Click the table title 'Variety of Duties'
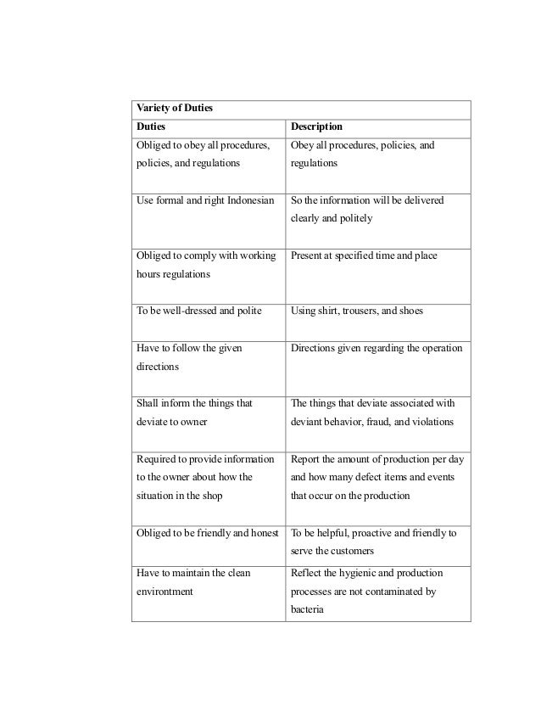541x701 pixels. coord(173,109)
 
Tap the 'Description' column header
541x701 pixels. coord(316,126)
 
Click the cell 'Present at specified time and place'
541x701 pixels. coord(364,255)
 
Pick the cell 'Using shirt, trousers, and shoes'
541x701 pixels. coord(357,311)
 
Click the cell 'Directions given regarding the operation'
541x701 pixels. coord(376,347)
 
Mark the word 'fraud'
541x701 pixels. coord(386,421)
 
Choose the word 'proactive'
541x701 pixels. coord(374,533)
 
